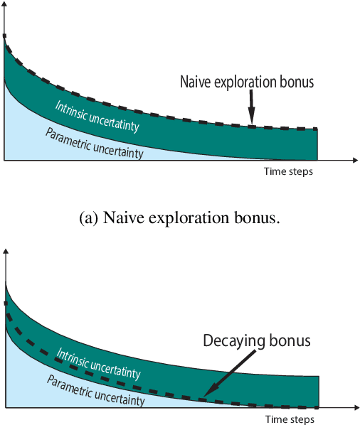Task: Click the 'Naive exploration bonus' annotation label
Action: pos(247,82)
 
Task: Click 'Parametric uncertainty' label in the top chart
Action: pos(94,142)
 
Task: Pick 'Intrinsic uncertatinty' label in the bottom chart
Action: pos(97,362)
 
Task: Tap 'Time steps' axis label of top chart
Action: pos(288,172)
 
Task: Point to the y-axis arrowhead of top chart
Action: pos(5,5)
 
